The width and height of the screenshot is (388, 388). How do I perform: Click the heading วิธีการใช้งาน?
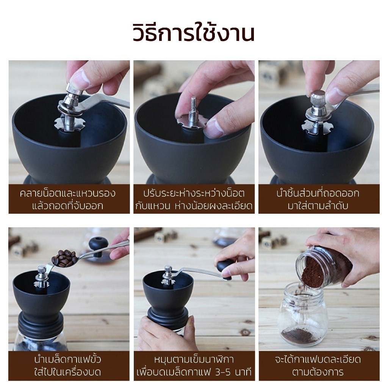pyautogui.click(x=194, y=33)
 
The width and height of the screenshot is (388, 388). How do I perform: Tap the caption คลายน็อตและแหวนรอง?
pyautogui.click(x=67, y=193)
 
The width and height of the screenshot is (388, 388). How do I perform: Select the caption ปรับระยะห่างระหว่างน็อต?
pyautogui.click(x=194, y=193)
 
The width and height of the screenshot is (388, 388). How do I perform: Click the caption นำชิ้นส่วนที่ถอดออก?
pyautogui.click(x=318, y=193)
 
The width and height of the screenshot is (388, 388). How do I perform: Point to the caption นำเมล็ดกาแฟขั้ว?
pyautogui.click(x=68, y=359)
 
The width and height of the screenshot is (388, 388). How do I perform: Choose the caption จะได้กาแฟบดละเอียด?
pyautogui.click(x=318, y=359)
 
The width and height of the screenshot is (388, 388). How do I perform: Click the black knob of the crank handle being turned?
pyautogui.click(x=225, y=265)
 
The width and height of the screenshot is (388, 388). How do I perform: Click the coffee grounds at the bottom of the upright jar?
pyautogui.click(x=299, y=335)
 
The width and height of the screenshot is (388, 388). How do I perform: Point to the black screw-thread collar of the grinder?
pyautogui.click(x=41, y=323)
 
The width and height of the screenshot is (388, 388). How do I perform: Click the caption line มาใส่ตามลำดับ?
pyautogui.click(x=318, y=206)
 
